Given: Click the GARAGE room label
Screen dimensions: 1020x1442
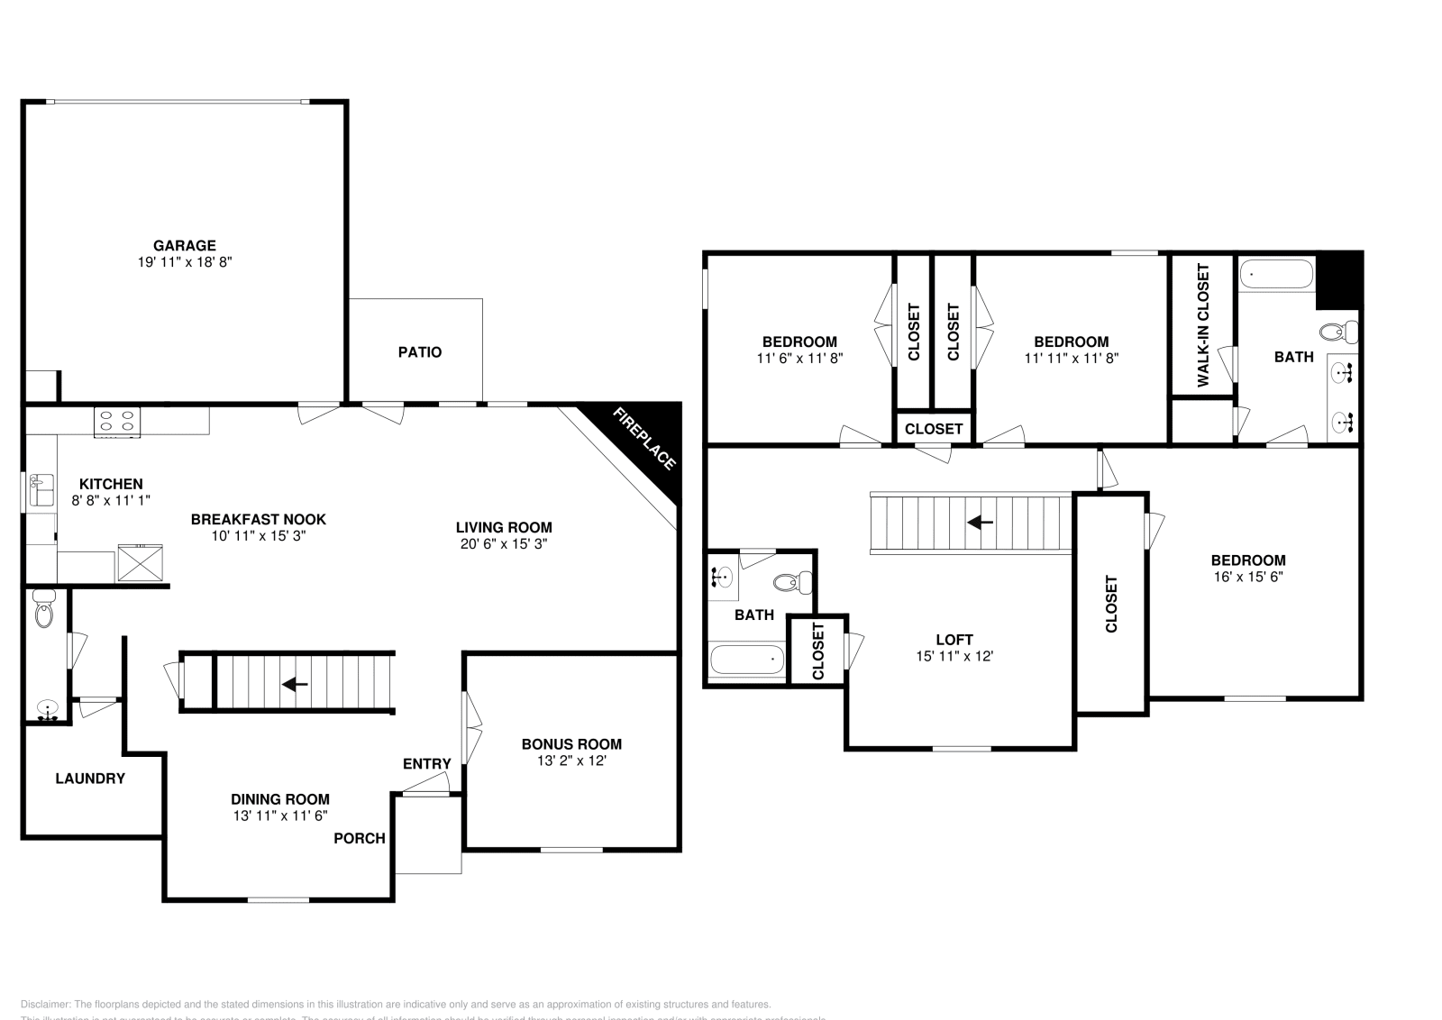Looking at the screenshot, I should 184,245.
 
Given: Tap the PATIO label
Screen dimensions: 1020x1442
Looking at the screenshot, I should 420,352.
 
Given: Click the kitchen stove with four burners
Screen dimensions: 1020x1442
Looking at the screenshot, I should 118,421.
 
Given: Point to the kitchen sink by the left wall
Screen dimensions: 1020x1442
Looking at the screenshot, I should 41,491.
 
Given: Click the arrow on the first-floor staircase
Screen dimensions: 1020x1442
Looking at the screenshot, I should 295,685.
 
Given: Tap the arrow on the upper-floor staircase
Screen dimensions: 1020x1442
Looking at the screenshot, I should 981,522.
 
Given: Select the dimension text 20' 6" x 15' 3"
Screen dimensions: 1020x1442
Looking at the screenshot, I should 502,544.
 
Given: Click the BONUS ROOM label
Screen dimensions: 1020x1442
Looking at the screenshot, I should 571,744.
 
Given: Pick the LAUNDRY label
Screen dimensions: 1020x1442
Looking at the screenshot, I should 90,779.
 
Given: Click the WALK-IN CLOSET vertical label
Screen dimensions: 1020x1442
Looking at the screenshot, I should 1202,325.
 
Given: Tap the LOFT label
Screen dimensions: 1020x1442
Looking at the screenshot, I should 954,641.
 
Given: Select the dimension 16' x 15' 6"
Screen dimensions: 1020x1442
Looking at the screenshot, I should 1248,577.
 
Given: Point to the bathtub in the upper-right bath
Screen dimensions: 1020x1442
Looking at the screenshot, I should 1276,274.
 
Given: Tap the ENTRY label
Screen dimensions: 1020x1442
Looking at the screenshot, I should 426,764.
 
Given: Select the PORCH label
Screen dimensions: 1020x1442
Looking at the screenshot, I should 360,839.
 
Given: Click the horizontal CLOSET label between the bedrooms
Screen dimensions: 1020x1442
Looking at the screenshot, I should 934,429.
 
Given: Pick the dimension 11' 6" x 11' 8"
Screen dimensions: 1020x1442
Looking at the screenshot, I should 799,358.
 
